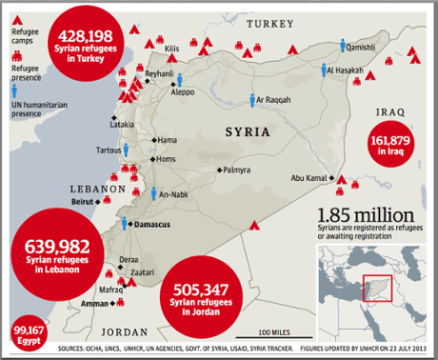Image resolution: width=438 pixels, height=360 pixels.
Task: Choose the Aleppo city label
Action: (x=182, y=92)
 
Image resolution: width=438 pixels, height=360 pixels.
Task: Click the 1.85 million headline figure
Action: (x=367, y=215)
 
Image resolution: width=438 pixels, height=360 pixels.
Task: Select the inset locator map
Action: (x=374, y=291)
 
